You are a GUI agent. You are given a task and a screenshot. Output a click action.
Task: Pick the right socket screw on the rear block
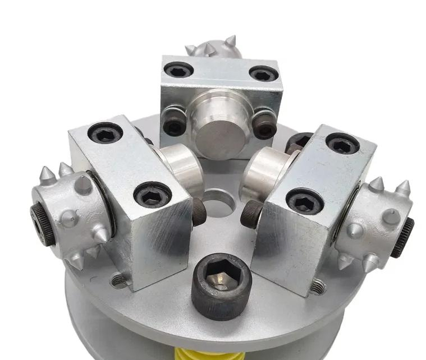(x=263, y=73)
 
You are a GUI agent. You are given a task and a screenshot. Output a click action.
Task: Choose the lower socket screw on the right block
(x=304, y=201)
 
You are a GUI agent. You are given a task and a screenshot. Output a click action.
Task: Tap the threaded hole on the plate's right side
(x=318, y=287)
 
